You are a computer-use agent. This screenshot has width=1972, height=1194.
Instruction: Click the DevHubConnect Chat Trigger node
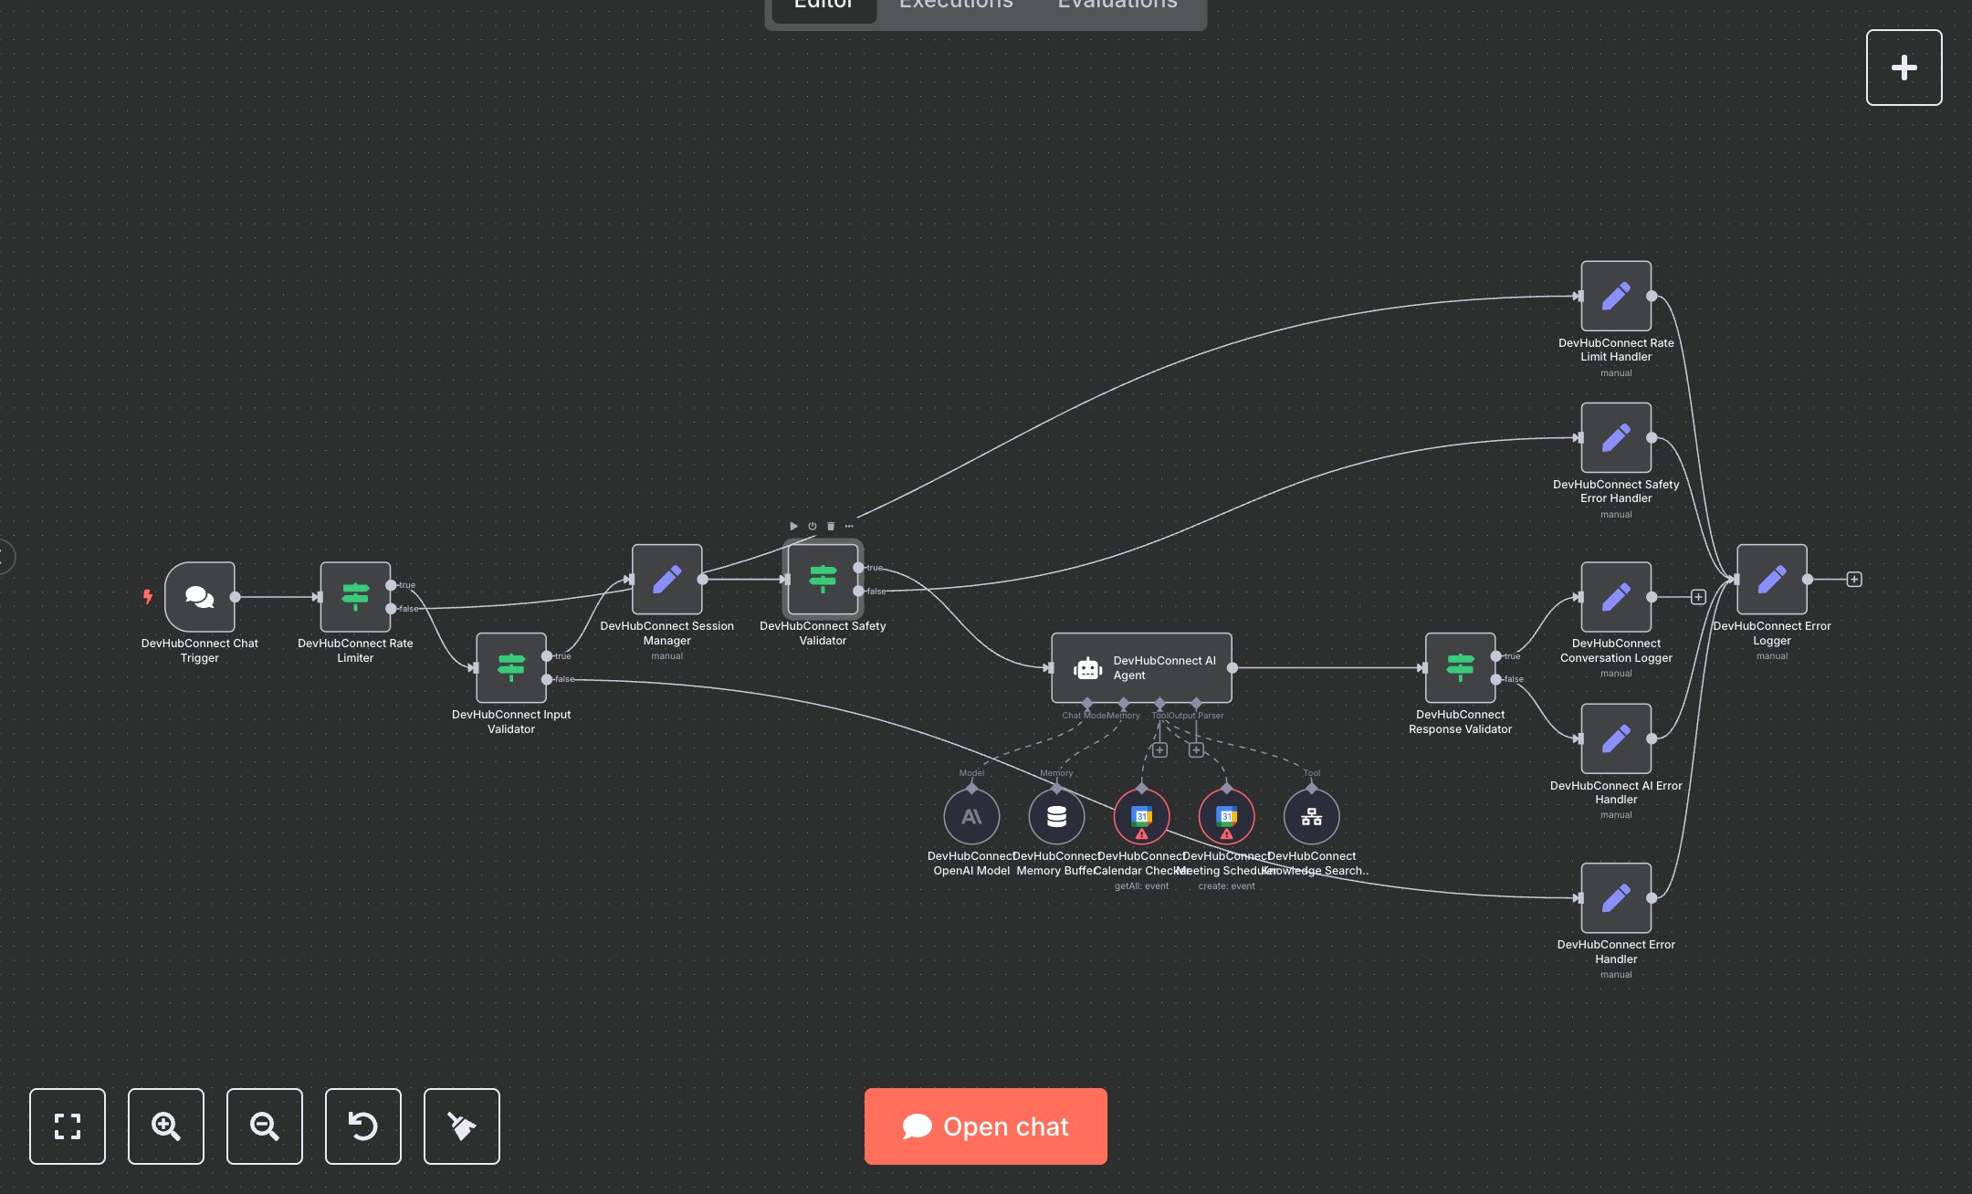200,597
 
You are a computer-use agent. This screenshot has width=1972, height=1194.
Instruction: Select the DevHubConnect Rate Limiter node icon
355,597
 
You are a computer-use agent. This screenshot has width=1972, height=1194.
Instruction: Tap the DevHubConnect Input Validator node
511,668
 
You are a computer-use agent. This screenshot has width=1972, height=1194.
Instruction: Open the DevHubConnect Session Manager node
666,580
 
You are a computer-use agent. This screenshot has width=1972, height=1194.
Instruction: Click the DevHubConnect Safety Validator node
823,580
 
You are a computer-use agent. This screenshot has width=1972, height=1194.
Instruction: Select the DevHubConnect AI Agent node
1141,668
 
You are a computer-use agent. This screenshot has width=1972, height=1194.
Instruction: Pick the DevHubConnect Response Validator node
1460,668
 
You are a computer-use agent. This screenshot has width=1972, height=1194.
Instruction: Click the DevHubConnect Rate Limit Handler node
1616,296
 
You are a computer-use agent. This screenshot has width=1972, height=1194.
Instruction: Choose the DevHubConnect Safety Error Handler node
1616,437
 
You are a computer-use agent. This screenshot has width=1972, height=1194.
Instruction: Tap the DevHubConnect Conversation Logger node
1616,597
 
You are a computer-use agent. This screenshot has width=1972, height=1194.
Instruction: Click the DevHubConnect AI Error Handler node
1616,738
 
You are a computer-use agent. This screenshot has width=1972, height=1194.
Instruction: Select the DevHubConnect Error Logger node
1771,580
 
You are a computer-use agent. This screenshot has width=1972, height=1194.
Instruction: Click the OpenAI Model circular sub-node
971,816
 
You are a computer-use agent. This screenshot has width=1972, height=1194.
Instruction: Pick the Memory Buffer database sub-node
1056,816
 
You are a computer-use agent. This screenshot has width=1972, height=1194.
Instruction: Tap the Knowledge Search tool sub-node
1311,816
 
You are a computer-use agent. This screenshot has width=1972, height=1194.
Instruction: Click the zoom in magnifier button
166,1126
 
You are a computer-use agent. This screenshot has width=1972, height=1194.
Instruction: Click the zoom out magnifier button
265,1126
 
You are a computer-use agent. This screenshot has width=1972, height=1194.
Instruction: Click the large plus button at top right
1904,68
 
